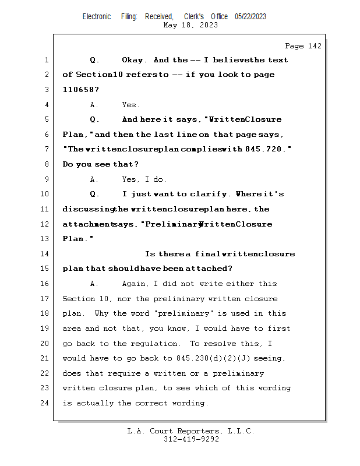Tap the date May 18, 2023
[190, 25]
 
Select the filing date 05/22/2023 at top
[250, 17]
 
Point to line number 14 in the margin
[45, 254]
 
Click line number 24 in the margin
[45, 403]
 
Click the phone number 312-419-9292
[191, 439]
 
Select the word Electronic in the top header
[97, 17]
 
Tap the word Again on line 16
[135, 284]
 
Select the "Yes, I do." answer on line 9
[144, 179]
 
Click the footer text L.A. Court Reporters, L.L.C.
[190, 431]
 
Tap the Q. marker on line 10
[95, 194]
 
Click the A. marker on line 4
[94, 105]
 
